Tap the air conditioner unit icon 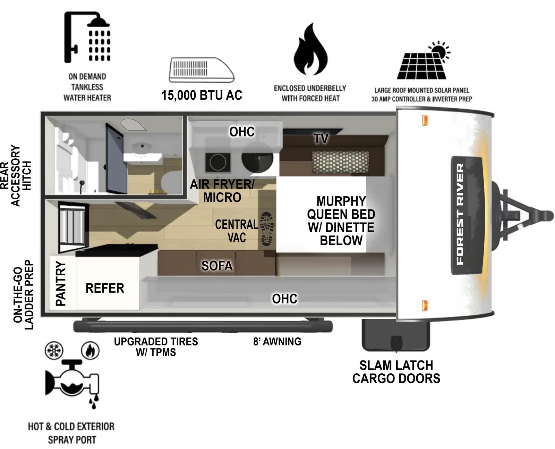point(201,70)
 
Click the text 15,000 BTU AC point(202,95)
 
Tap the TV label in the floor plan point(321,139)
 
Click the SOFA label point(217,266)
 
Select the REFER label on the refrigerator point(105,288)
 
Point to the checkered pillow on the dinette point(340,162)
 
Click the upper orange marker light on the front point(424,120)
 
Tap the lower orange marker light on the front point(424,306)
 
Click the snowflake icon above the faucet point(54,350)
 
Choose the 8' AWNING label point(277,342)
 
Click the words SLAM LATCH point(396,365)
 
